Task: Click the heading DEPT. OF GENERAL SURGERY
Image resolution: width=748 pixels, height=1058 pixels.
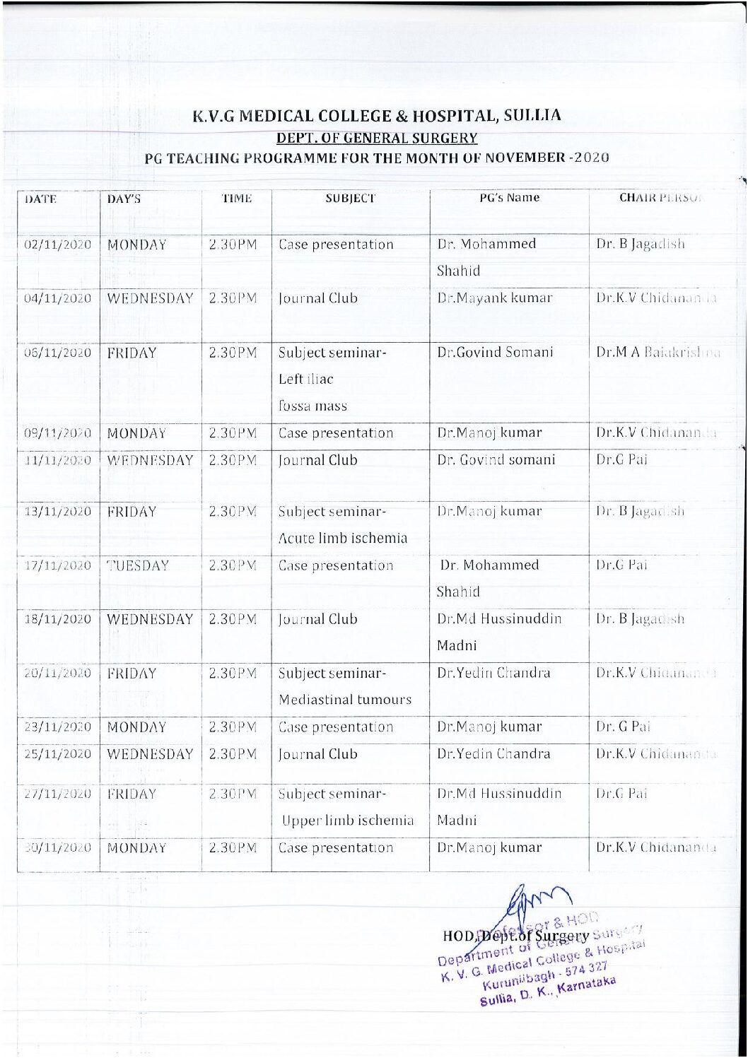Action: click(x=377, y=139)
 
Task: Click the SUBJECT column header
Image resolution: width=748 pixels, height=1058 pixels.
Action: click(x=350, y=199)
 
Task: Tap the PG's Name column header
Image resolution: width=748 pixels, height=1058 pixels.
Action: click(x=509, y=198)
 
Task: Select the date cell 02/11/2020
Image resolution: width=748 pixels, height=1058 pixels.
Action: click(x=58, y=245)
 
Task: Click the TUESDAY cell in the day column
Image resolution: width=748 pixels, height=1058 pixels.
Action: click(x=139, y=565)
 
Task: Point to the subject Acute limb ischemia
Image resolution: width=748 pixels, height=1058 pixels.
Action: click(x=343, y=538)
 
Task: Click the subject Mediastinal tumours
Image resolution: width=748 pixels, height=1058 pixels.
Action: click(x=345, y=700)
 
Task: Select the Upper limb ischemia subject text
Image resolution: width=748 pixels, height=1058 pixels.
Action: click(x=347, y=821)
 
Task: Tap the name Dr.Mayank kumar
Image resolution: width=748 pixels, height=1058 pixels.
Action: click(x=494, y=298)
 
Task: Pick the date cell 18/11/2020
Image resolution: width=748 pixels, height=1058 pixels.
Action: click(x=58, y=620)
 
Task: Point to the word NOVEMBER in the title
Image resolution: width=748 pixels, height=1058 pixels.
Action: click(x=524, y=158)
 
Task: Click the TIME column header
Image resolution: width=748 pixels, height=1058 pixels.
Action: click(x=236, y=199)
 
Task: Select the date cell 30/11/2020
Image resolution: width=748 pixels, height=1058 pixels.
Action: click(x=58, y=848)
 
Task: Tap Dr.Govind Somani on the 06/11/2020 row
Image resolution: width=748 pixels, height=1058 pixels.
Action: click(x=495, y=353)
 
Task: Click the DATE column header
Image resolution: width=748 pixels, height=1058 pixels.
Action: click(x=40, y=199)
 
